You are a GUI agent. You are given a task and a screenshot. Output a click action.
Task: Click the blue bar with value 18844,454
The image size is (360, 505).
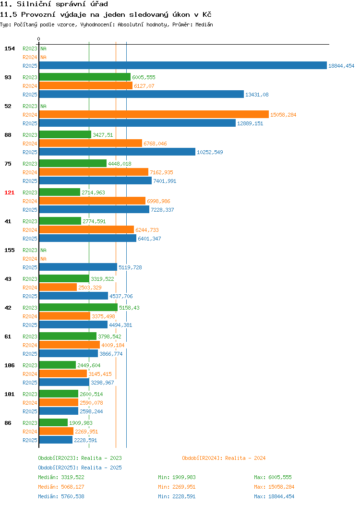tap(183, 65)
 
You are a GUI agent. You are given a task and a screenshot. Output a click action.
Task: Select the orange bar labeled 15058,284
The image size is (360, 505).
tap(154, 114)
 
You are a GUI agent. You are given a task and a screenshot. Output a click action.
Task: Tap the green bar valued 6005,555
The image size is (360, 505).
tap(85, 77)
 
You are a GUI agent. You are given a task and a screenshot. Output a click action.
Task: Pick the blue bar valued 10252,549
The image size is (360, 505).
tap(117, 152)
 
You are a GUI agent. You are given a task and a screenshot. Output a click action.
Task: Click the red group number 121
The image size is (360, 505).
tap(9, 192)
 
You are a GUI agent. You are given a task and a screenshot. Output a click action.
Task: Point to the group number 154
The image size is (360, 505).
tap(9, 48)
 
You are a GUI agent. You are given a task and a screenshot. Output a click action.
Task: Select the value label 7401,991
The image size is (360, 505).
tap(165, 181)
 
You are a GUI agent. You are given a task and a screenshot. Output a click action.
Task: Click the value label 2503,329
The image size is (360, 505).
tap(90, 288)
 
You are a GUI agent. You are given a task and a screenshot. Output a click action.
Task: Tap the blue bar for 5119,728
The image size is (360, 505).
tap(78, 267)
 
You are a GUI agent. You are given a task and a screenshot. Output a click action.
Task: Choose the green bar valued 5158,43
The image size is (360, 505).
tap(79, 307)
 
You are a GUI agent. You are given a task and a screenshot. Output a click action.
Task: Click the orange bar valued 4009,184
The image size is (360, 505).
tap(70, 345)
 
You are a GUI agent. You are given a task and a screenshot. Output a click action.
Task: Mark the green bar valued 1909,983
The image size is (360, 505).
tap(53, 422)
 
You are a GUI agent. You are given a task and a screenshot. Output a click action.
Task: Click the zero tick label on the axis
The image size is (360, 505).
tap(39, 39)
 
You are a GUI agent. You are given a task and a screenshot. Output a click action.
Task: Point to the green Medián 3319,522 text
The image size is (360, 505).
tap(61, 477)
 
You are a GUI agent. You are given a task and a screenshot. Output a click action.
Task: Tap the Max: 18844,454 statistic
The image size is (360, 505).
tap(274, 497)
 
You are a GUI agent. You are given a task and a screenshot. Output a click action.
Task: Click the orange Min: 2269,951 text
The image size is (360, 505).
tap(177, 487)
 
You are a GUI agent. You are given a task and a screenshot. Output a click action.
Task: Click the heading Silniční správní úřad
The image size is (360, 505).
tap(62, 4)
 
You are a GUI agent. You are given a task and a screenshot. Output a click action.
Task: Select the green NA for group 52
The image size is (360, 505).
tap(44, 106)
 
